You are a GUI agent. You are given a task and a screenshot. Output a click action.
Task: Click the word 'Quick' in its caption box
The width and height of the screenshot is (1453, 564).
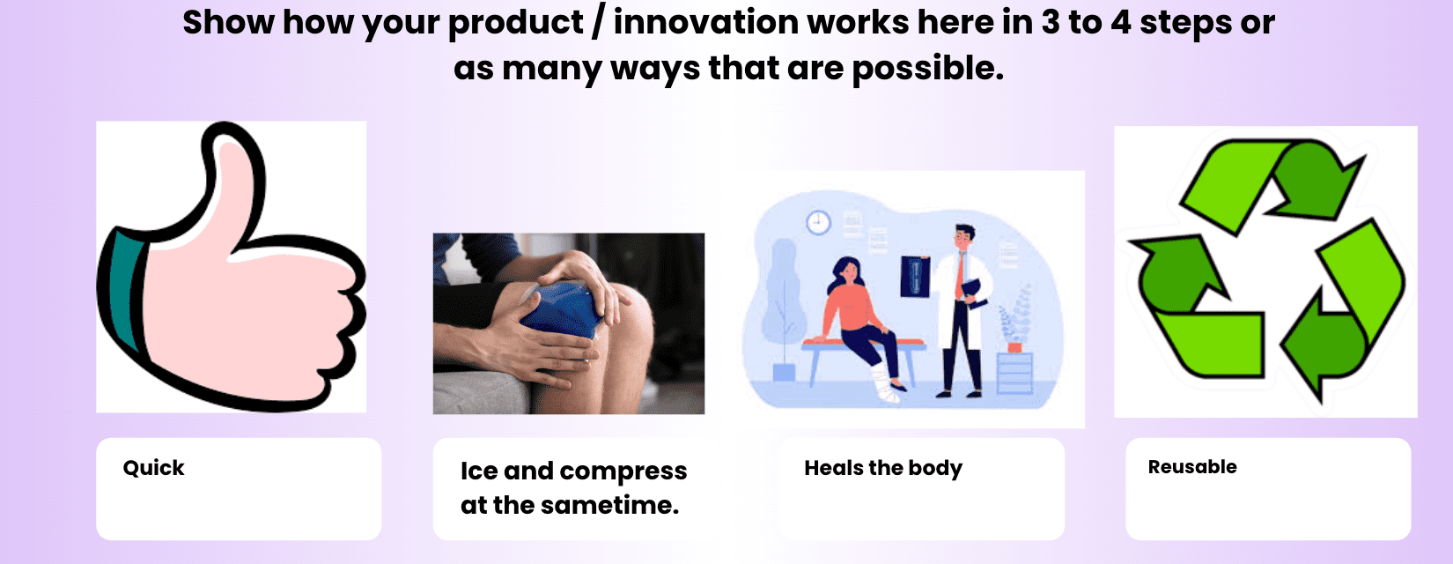[x=154, y=468]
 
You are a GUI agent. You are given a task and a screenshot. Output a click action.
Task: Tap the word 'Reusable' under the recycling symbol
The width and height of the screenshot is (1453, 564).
[x=1192, y=467]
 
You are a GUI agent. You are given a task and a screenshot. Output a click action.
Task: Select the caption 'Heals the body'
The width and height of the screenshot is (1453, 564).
[x=883, y=468]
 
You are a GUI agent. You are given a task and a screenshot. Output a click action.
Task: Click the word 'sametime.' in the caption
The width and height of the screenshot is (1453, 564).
[x=609, y=505]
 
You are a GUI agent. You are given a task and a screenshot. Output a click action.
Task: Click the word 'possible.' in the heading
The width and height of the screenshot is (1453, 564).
[x=927, y=69]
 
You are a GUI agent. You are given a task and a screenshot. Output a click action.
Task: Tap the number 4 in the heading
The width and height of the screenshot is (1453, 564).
[x=1120, y=22]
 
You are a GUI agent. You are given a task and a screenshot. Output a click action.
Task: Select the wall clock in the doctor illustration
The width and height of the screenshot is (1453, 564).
[x=818, y=223]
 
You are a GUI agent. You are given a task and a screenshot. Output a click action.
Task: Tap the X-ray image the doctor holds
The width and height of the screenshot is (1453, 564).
[x=915, y=277]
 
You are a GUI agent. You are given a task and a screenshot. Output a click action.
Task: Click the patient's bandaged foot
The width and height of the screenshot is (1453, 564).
[x=884, y=383]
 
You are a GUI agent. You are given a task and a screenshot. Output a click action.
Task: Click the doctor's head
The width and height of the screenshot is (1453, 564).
[x=963, y=237]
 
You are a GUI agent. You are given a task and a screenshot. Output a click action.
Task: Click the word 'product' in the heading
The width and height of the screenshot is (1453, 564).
[x=516, y=24]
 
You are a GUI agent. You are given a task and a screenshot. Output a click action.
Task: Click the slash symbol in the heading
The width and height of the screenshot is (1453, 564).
[x=598, y=24]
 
